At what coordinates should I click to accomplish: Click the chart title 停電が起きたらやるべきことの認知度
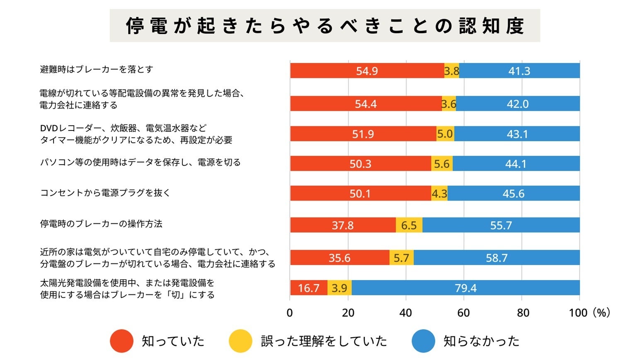pyautogui.click(x=325, y=26)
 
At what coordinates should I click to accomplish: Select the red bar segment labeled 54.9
pyautogui.click(x=367, y=71)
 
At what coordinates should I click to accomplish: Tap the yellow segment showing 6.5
pyautogui.click(x=409, y=225)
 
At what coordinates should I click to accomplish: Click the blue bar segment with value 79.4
pyautogui.click(x=465, y=288)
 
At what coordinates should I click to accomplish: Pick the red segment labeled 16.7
pyautogui.click(x=309, y=288)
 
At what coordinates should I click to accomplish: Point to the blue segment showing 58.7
pyautogui.click(x=497, y=258)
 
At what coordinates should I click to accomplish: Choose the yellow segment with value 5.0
pyautogui.click(x=445, y=134)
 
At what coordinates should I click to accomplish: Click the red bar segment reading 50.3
pyautogui.click(x=360, y=164)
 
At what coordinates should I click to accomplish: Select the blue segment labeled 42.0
pyautogui.click(x=518, y=104)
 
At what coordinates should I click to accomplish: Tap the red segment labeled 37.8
pyautogui.click(x=343, y=225)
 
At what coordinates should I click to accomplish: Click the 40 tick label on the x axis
pyautogui.click(x=405, y=313)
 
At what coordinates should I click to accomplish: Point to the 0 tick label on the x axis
pyautogui.click(x=290, y=313)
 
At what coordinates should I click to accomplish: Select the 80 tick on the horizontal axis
pyautogui.click(x=523, y=313)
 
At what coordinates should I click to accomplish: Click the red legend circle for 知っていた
pyautogui.click(x=121, y=341)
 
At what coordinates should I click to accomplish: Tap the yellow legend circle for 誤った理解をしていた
pyautogui.click(x=240, y=341)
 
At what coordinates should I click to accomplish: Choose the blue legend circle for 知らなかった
pyautogui.click(x=423, y=341)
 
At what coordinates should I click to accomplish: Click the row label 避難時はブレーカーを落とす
pyautogui.click(x=97, y=69)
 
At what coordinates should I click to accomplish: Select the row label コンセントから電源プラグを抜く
pyautogui.click(x=105, y=193)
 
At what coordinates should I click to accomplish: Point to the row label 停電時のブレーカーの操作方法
pyautogui.click(x=101, y=224)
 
